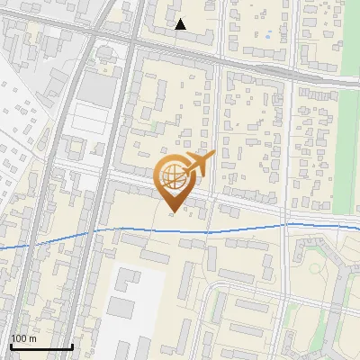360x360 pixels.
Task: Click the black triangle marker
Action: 181,24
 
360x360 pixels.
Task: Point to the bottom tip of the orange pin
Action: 171,211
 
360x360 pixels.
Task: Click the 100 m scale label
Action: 23,338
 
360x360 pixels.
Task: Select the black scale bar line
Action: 41,346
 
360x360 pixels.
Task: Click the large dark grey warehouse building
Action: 96,86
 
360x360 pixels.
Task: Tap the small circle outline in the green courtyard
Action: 310,266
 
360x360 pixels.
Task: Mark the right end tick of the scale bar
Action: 72,346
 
